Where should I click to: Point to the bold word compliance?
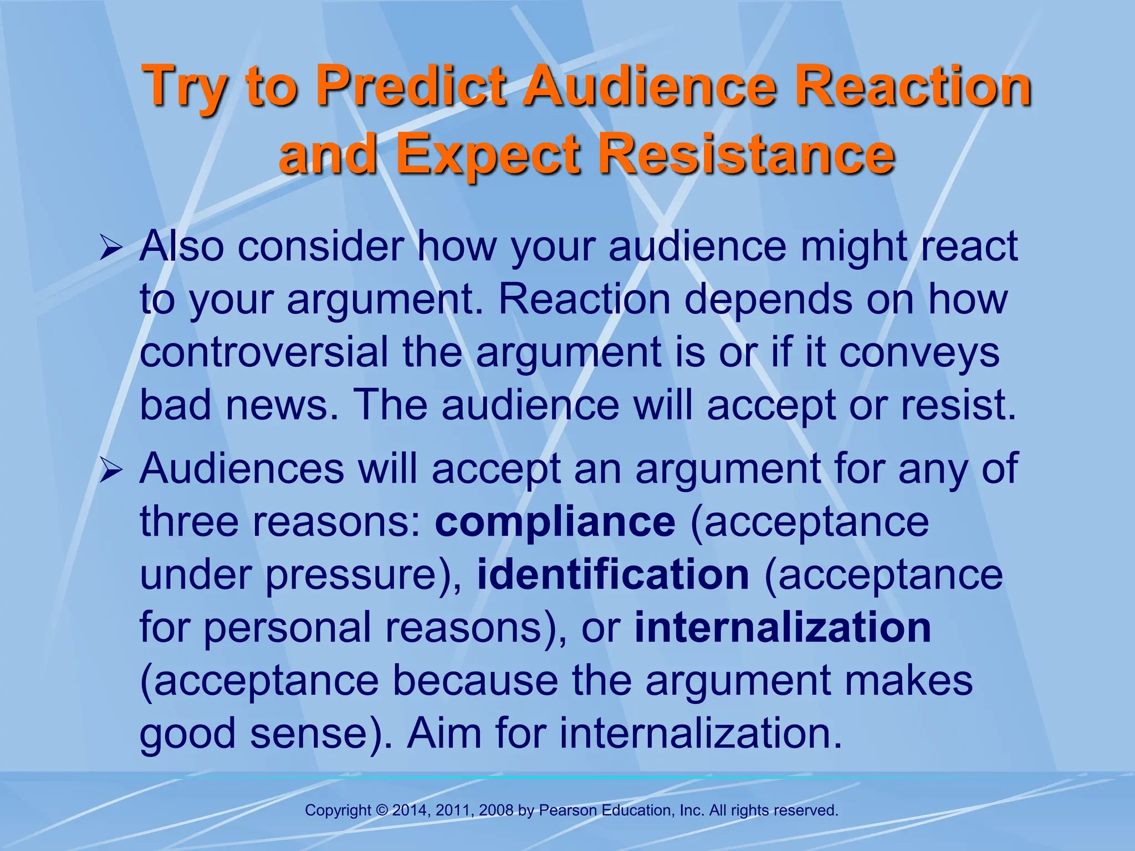555,522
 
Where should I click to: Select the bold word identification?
613,575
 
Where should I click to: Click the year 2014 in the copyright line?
410,811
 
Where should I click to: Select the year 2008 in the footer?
496,811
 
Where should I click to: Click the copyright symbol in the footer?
382,811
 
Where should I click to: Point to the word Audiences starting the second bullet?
242,469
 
